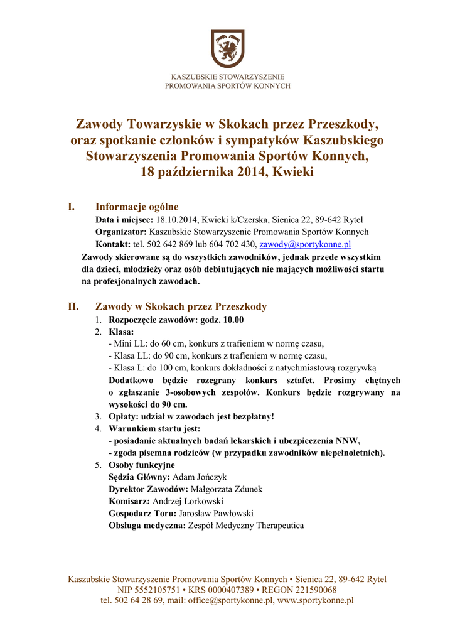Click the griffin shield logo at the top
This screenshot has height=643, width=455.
(227, 48)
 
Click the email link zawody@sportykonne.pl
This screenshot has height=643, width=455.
(304, 244)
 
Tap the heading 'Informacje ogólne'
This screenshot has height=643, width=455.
(137, 207)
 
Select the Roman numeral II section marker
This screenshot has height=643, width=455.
(73, 306)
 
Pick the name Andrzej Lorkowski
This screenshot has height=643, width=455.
(188, 501)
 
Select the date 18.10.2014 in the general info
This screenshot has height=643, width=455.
(176, 220)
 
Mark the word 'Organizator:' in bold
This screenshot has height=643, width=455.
(121, 232)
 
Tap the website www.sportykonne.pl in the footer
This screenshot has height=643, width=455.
(315, 600)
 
